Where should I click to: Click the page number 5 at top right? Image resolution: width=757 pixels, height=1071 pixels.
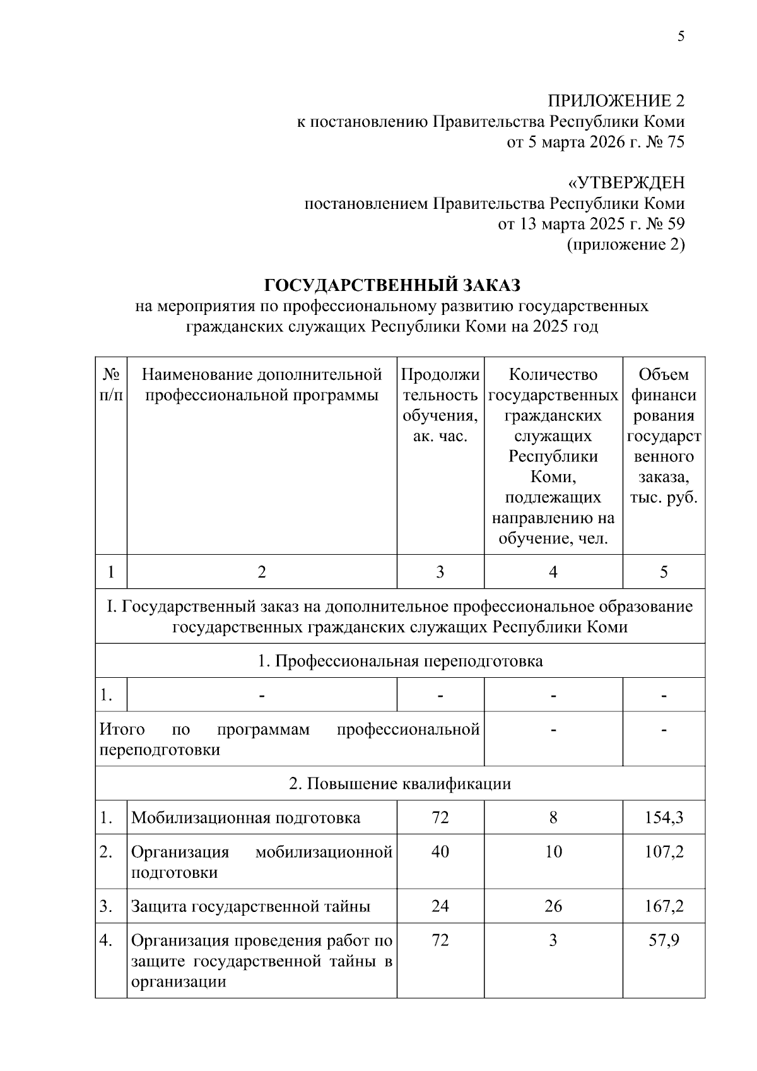click(x=681, y=37)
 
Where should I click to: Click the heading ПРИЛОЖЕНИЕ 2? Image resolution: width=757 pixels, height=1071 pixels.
click(x=616, y=101)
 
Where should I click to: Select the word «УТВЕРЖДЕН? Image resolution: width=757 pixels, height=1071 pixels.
click(x=626, y=183)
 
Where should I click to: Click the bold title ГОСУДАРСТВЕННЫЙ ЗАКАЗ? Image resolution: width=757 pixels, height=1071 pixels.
click(x=392, y=285)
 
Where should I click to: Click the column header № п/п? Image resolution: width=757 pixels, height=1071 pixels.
click(x=111, y=385)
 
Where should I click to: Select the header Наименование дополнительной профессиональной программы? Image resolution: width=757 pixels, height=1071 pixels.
click(x=262, y=385)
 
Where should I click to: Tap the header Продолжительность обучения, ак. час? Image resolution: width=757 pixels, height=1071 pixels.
click(x=440, y=405)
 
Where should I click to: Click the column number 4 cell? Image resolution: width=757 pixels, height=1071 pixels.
click(x=553, y=572)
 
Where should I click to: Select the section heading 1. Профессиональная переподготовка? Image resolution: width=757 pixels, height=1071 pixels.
click(x=400, y=661)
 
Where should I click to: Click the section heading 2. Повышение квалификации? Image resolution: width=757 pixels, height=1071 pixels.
click(x=400, y=784)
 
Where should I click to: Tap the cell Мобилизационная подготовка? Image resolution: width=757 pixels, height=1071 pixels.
click(x=246, y=818)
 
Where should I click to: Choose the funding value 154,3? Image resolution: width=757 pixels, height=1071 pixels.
click(x=664, y=818)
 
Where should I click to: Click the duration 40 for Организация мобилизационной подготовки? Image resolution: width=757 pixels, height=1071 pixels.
click(x=440, y=852)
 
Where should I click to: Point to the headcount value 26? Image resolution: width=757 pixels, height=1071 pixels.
click(x=553, y=906)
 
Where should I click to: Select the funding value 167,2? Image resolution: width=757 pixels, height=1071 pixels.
click(x=664, y=906)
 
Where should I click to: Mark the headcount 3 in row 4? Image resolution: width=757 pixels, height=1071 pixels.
click(x=553, y=940)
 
